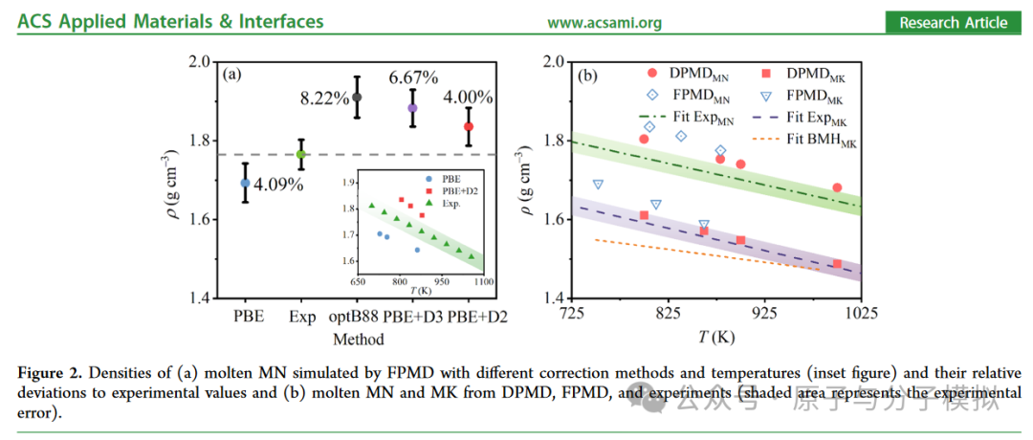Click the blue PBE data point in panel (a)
245,183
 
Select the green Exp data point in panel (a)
300,155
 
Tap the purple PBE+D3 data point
412,108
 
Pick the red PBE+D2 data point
469,126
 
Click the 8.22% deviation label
323,99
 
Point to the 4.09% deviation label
279,183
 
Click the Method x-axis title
358,339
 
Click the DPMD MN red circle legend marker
652,73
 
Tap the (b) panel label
589,76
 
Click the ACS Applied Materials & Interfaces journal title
170,22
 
